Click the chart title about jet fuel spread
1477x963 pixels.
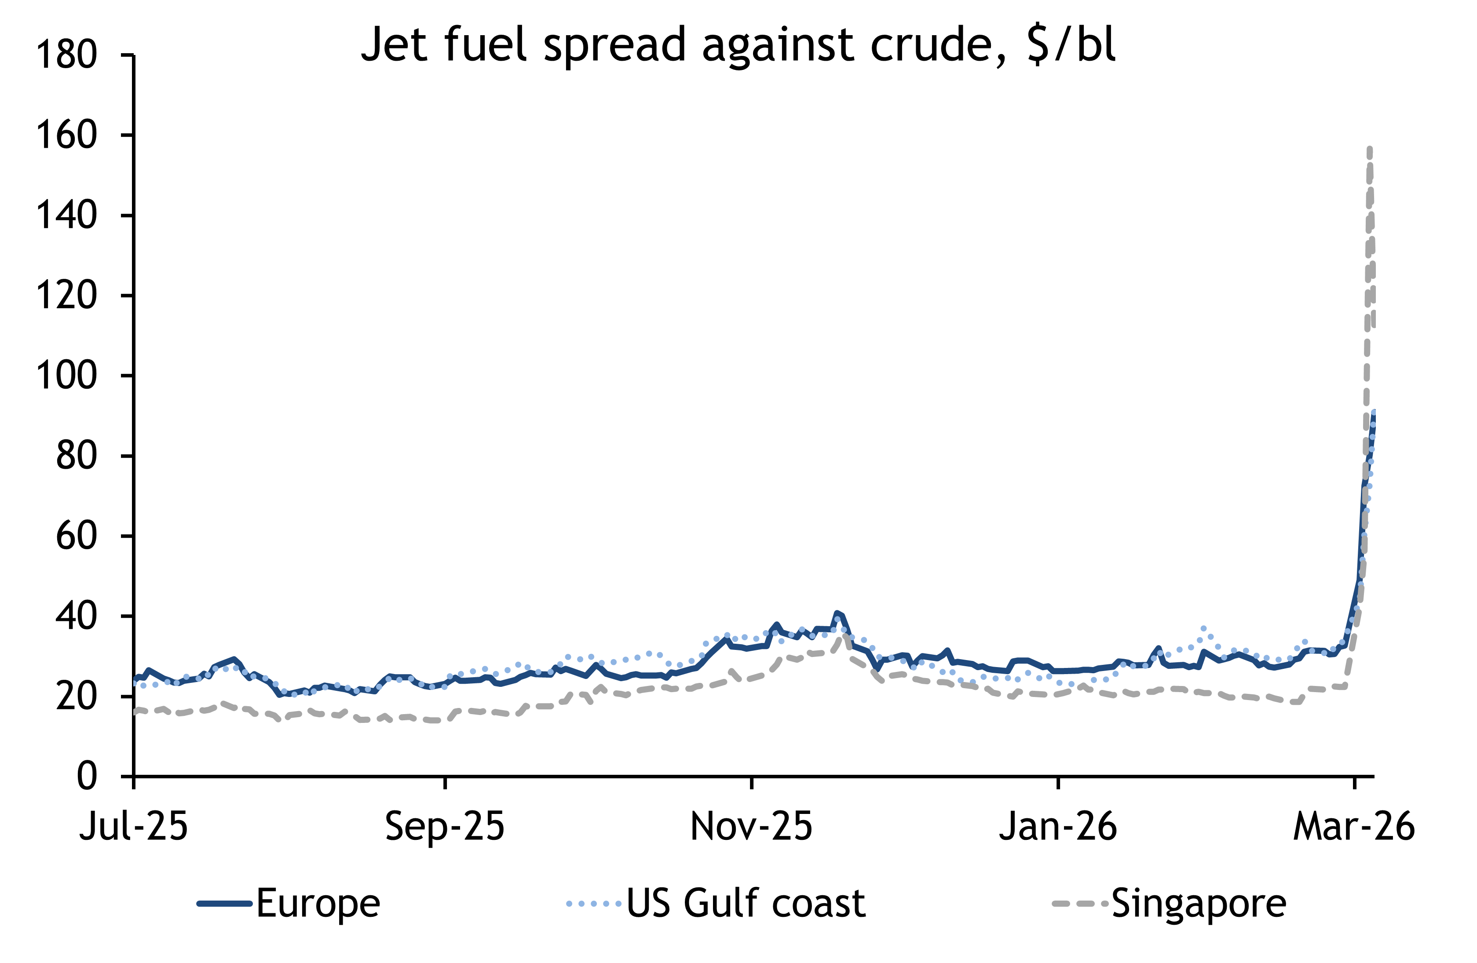click(738, 45)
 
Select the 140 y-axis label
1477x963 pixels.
click(66, 215)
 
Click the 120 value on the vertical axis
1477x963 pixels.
click(66, 295)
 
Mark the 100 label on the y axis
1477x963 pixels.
click(66, 376)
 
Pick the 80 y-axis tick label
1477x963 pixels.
click(77, 456)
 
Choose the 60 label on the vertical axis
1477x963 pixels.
click(77, 536)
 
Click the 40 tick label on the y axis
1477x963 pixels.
click(77, 616)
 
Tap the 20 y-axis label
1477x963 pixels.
click(77, 696)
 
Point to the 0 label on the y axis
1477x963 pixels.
click(87, 776)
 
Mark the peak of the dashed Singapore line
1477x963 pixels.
click(1370, 149)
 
